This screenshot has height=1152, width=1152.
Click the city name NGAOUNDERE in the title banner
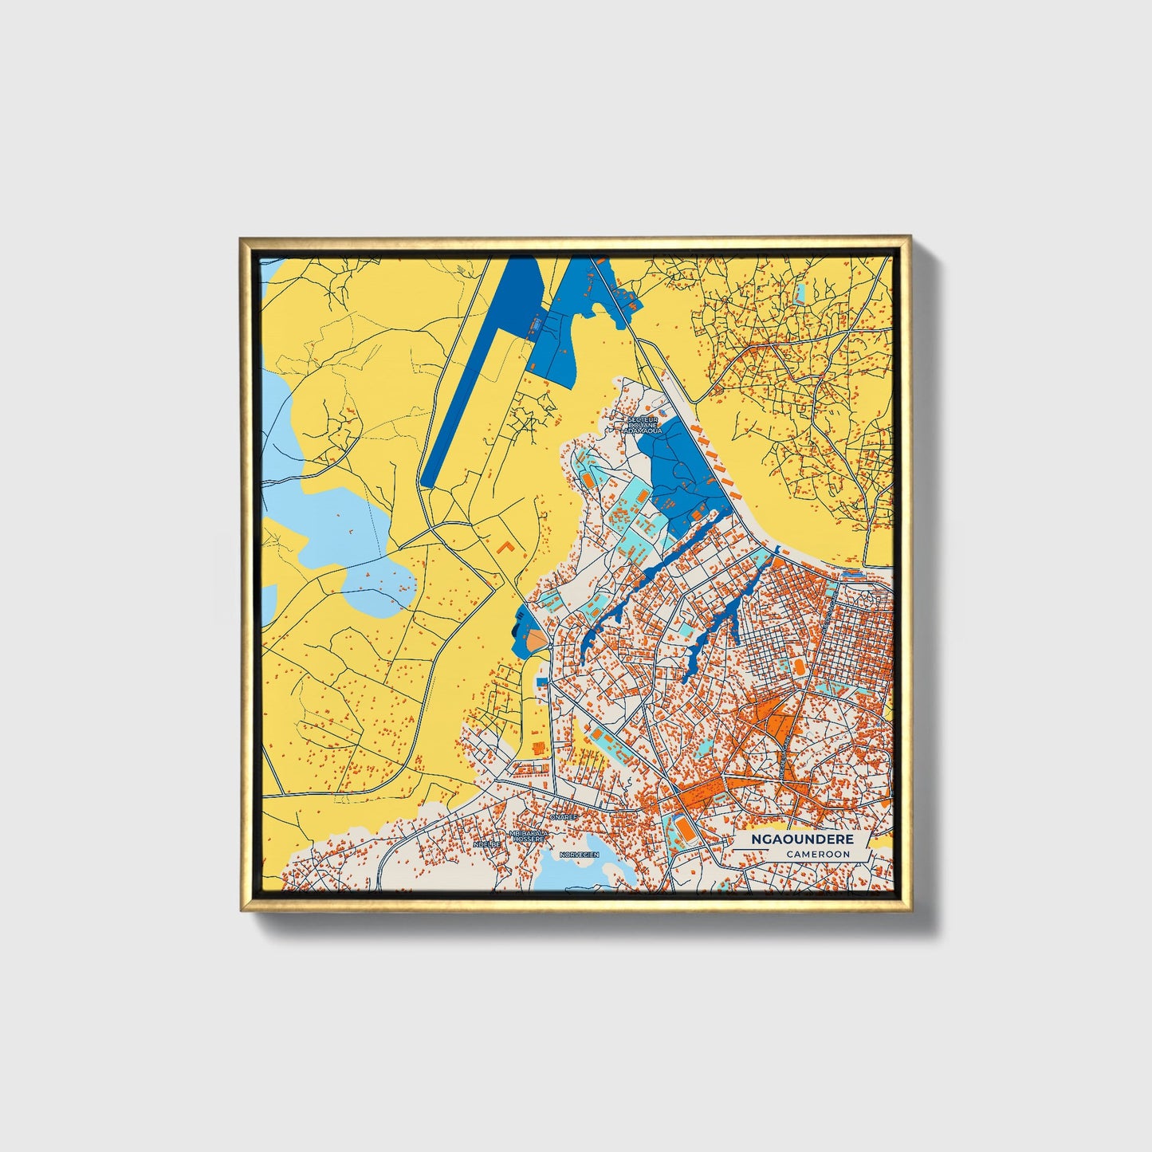coord(802,839)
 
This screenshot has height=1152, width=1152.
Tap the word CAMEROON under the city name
coord(817,854)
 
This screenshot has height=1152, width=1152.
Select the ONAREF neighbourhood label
coord(564,817)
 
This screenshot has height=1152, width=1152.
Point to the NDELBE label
coord(486,843)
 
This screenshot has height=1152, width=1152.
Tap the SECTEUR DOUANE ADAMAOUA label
coord(644,424)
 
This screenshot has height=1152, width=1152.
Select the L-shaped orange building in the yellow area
coord(504,548)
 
